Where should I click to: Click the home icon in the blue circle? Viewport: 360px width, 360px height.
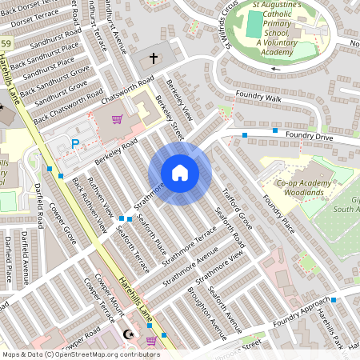tap(180, 173)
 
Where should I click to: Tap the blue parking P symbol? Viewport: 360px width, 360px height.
tap(76, 144)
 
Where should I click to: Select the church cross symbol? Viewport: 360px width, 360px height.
tap(154, 58)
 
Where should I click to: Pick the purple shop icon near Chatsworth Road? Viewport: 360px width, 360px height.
tap(117, 119)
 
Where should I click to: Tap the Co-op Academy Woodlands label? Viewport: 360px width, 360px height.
tap(304, 188)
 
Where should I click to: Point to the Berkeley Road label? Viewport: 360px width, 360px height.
tap(116, 150)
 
